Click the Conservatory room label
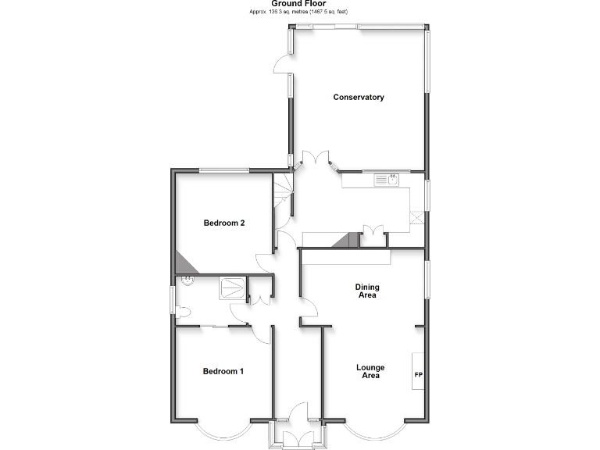pyautogui.click(x=359, y=98)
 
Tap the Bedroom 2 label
pyautogui.click(x=224, y=223)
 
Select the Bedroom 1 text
pyautogui.click(x=223, y=371)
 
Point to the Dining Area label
pyautogui.click(x=367, y=291)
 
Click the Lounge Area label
pyautogui.click(x=370, y=371)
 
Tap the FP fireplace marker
pyautogui.click(x=417, y=374)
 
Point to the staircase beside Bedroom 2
pyautogui.click(x=283, y=191)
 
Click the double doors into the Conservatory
pyautogui.click(x=316, y=159)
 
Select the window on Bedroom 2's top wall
pyautogui.click(x=223, y=170)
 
